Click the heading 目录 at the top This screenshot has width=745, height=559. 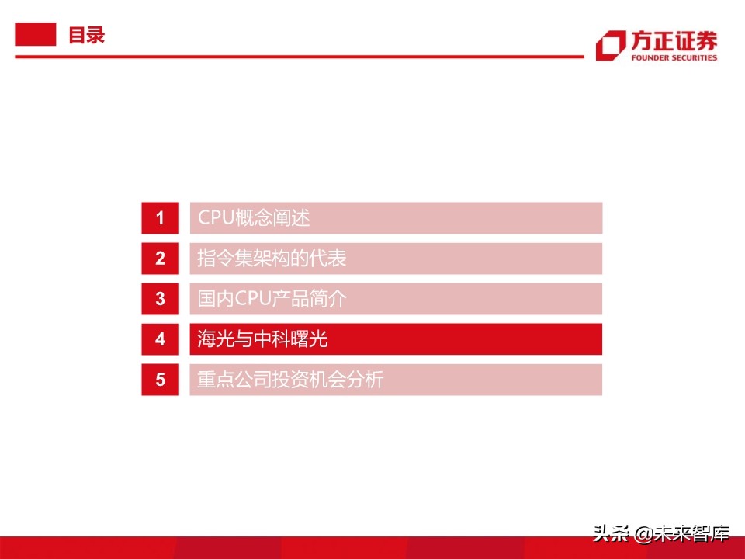tap(86, 36)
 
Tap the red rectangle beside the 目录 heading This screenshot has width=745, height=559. tap(36, 35)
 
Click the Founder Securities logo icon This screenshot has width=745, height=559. tap(610, 45)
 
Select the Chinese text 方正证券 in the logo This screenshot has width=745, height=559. tap(673, 40)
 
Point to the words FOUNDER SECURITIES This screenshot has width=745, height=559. tap(673, 57)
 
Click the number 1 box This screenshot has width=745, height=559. tap(161, 218)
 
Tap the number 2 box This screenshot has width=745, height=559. tap(161, 259)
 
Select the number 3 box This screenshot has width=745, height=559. tap(161, 299)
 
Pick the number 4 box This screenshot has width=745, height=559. tap(161, 339)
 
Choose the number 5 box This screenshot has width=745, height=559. tap(161, 380)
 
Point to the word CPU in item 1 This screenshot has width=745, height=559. tap(215, 218)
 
